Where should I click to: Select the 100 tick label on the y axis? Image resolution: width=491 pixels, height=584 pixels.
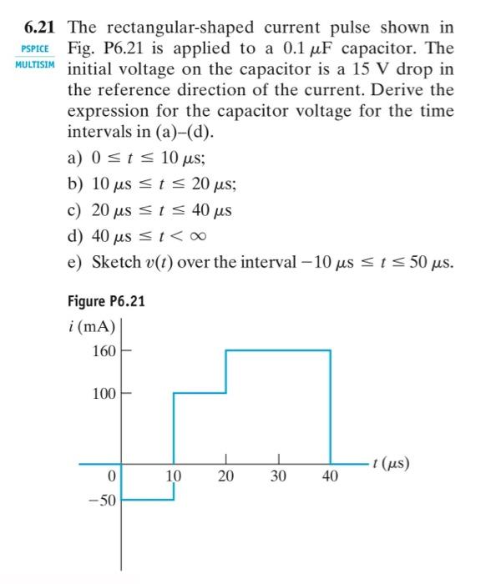coord(104,393)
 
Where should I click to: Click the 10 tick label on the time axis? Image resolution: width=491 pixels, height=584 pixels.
coord(174,477)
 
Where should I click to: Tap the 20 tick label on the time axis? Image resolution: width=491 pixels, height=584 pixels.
coord(226,477)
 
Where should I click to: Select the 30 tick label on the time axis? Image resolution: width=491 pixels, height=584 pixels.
coord(279,477)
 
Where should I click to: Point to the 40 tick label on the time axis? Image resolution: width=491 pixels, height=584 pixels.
coord(330,477)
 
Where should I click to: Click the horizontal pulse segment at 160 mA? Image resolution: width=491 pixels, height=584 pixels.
coord(278,350)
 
